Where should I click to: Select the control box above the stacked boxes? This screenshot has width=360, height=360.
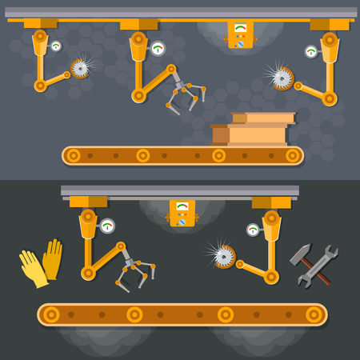(x=240, y=34)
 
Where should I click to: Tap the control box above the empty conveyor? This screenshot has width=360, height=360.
(x=182, y=213)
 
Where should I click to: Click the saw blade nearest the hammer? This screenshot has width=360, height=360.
(x=223, y=257)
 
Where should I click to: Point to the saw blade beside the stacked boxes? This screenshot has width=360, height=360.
(x=281, y=78)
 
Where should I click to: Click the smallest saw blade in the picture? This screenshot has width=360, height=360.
(x=79, y=68)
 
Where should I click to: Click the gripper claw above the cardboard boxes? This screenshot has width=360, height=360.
(x=184, y=94)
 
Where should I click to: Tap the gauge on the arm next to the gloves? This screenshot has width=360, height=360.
(x=107, y=226)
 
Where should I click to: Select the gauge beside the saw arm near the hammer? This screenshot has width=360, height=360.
(x=253, y=230)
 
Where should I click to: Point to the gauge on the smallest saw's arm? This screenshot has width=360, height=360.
(x=56, y=46)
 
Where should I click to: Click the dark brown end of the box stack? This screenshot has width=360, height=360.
(x=220, y=134)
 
